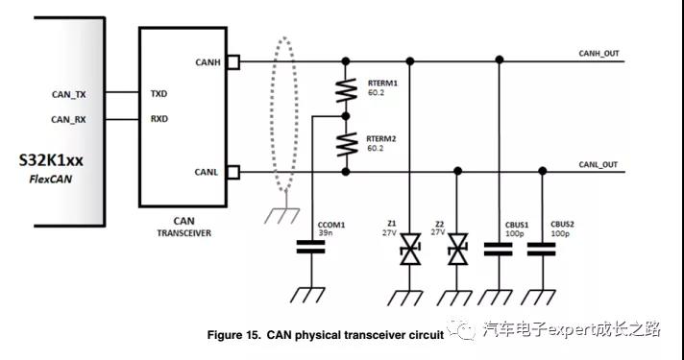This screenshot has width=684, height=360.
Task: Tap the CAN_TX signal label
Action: coord(68,94)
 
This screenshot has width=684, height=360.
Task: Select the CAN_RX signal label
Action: coord(68,119)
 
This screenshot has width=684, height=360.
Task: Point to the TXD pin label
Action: coord(159,94)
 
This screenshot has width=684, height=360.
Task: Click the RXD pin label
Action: coord(159,119)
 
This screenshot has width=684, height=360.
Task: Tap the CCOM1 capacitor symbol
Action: coord(308,248)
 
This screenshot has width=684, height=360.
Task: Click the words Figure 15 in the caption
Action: coord(233,335)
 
